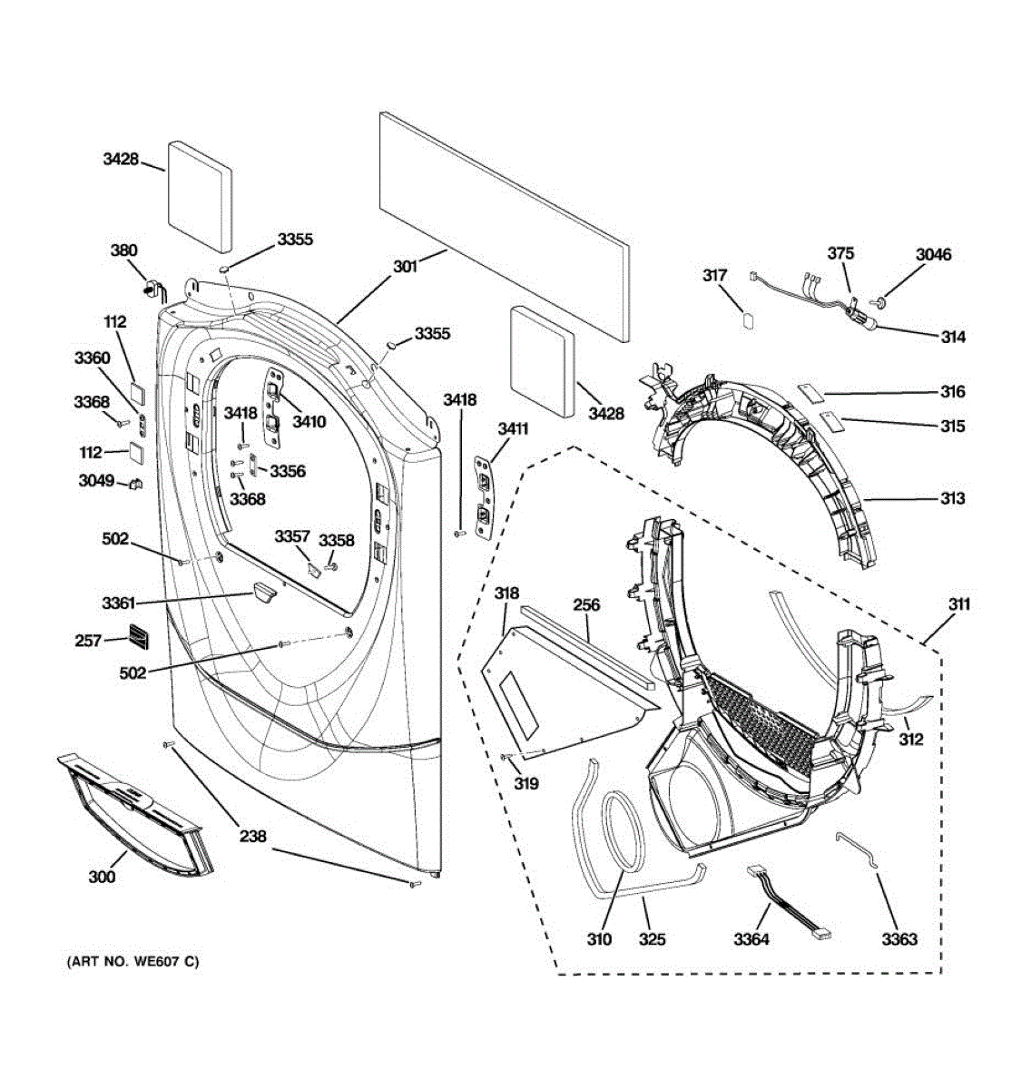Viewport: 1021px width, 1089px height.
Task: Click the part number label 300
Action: [x=102, y=877]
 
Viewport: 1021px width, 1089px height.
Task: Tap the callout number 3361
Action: [x=118, y=603]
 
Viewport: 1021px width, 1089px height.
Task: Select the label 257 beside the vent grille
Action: [x=88, y=641]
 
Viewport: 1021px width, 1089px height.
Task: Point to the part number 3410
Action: [x=309, y=421]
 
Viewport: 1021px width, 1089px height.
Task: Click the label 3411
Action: [x=513, y=428]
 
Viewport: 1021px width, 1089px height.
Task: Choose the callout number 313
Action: [x=952, y=498]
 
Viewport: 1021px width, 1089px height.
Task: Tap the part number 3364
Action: [x=751, y=939]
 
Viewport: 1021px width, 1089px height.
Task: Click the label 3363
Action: [x=898, y=939]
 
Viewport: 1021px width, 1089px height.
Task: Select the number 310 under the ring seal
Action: [x=599, y=939]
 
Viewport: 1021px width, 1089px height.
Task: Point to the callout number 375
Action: [x=840, y=253]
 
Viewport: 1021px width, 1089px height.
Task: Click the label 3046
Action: [x=933, y=254]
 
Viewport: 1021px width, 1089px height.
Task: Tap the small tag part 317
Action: [x=748, y=319]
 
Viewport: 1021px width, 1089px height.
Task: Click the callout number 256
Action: [x=585, y=604]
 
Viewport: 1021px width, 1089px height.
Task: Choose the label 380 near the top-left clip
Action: [x=123, y=250]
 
